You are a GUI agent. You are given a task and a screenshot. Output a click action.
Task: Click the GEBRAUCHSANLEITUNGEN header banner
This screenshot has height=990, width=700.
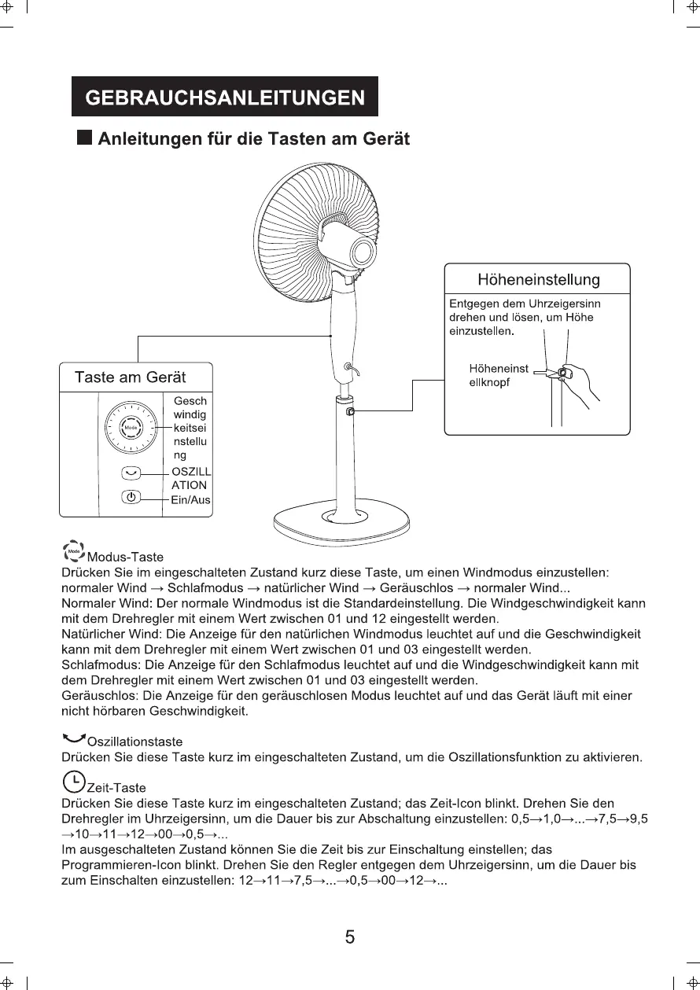(x=224, y=97)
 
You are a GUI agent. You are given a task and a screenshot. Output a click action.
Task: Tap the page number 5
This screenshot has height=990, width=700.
(x=350, y=937)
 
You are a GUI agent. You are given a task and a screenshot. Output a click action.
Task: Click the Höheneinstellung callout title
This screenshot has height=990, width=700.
(x=538, y=280)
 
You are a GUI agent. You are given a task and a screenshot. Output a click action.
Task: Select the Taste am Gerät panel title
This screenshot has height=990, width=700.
(x=130, y=377)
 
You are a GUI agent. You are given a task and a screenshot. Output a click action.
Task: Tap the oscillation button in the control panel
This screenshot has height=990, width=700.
(x=131, y=473)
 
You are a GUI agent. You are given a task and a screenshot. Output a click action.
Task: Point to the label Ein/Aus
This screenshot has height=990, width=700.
(x=191, y=500)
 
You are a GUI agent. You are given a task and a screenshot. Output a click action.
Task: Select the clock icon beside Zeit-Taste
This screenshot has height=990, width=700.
(x=73, y=781)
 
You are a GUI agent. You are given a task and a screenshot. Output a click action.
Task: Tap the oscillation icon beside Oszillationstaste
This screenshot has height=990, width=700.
(x=74, y=738)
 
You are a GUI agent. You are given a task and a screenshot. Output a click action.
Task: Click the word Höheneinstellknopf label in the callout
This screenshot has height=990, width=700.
(x=498, y=374)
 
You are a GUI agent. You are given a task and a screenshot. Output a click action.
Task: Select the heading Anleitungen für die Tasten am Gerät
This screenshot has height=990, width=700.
(x=253, y=139)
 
